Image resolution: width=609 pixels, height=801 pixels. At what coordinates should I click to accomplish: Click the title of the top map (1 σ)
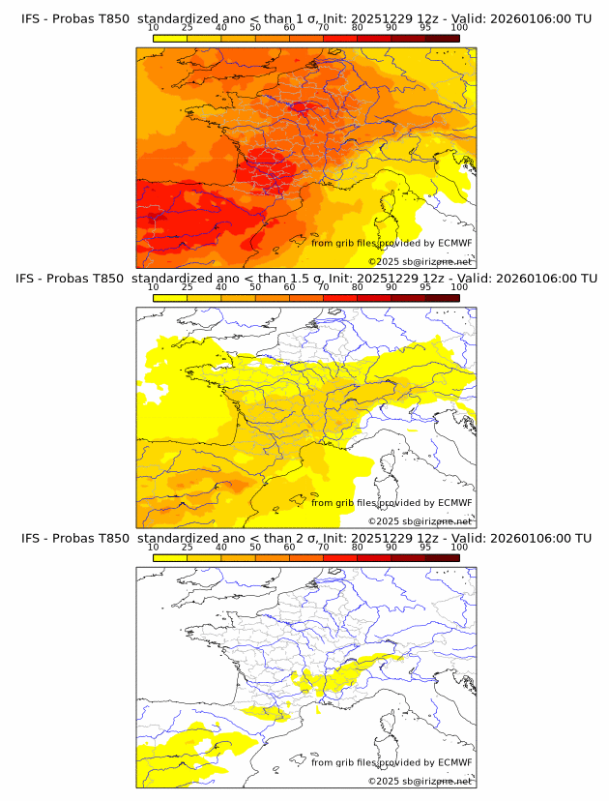coord(305,18)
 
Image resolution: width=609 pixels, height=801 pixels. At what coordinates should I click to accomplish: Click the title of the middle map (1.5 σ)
coord(305,278)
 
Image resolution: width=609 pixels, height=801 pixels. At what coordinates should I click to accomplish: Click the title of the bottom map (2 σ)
coord(305,538)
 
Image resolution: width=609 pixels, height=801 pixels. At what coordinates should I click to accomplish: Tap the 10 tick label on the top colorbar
coord(154,28)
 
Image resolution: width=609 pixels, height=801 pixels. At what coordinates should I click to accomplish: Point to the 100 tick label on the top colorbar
coord(459,28)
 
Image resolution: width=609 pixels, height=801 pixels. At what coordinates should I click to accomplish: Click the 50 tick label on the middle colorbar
coord(255,287)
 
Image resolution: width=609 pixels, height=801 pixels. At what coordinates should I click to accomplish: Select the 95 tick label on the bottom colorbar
coord(425,548)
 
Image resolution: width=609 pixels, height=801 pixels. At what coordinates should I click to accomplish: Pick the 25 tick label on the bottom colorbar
coord(188,548)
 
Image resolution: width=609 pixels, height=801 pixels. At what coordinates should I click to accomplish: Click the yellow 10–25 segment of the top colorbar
coord(170,38)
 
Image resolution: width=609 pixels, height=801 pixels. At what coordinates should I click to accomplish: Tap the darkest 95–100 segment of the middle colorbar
coord(442,298)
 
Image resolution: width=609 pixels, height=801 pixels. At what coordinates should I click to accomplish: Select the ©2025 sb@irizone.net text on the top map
coord(420,261)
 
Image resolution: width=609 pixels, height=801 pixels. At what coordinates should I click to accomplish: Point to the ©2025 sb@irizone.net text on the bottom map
coord(420,781)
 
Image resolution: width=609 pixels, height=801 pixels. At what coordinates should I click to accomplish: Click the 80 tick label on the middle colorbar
coord(358,287)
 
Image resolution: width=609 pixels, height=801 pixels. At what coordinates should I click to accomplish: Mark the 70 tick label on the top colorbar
coord(323,28)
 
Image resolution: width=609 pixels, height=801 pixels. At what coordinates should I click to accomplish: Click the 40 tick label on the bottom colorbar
coord(221,548)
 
